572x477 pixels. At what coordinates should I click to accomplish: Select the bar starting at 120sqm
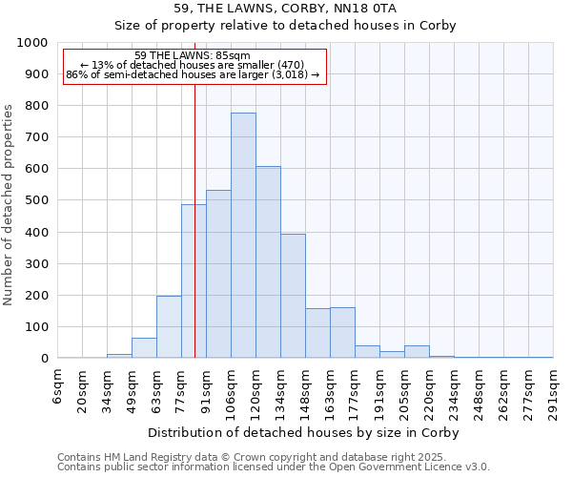(268, 262)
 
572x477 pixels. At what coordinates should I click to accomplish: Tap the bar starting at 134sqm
(293, 296)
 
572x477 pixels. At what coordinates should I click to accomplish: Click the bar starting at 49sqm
(144, 348)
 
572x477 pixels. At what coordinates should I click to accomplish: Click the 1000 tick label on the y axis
(32, 43)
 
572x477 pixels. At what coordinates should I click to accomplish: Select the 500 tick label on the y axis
(36, 200)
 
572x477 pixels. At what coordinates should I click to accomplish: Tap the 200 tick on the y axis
(36, 295)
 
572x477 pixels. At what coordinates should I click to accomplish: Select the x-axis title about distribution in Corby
(304, 432)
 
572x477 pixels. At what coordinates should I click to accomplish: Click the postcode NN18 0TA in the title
(382, 9)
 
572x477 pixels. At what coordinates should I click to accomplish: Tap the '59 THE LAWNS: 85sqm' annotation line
(194, 55)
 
